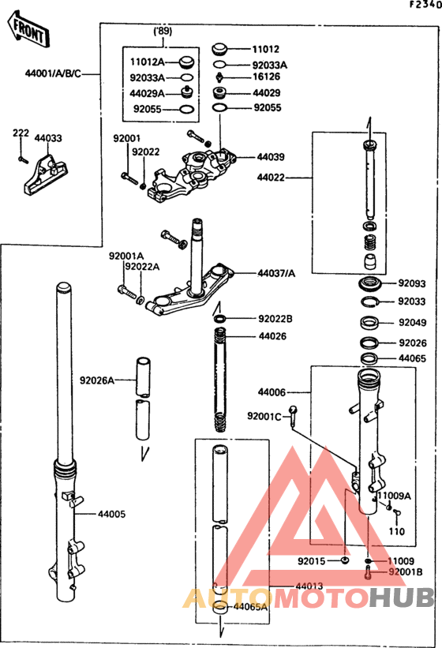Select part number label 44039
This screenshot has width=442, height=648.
coord(271,157)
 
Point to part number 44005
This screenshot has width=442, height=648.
coord(111,514)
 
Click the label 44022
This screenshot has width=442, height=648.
coord(271,179)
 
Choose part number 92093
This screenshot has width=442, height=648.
coord(411,283)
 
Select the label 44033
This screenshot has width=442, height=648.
coord(48,138)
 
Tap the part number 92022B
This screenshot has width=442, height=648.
coord(275,320)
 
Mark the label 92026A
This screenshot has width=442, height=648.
coord(97,380)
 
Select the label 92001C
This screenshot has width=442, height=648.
coord(264,416)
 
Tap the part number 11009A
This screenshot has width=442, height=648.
coord(393,496)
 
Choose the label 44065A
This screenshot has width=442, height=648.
coord(250,607)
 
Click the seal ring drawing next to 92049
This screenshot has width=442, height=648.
coord(369,322)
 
